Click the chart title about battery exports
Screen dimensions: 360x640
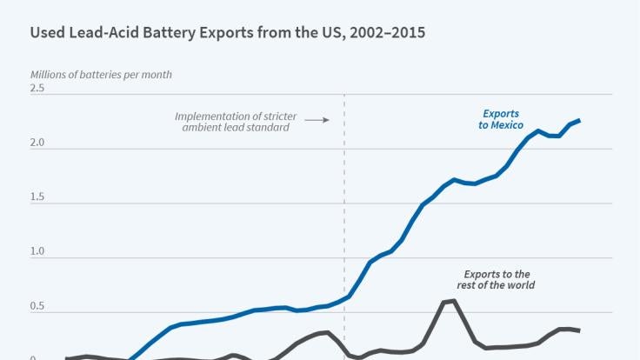[228, 34]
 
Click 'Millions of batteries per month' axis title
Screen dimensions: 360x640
[101, 74]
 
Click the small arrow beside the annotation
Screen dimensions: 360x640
[322, 119]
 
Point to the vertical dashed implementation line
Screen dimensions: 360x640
[345, 217]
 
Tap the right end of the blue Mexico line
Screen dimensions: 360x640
[579, 121]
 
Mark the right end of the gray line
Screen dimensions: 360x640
[579, 330]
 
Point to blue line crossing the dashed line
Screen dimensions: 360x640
[345, 298]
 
